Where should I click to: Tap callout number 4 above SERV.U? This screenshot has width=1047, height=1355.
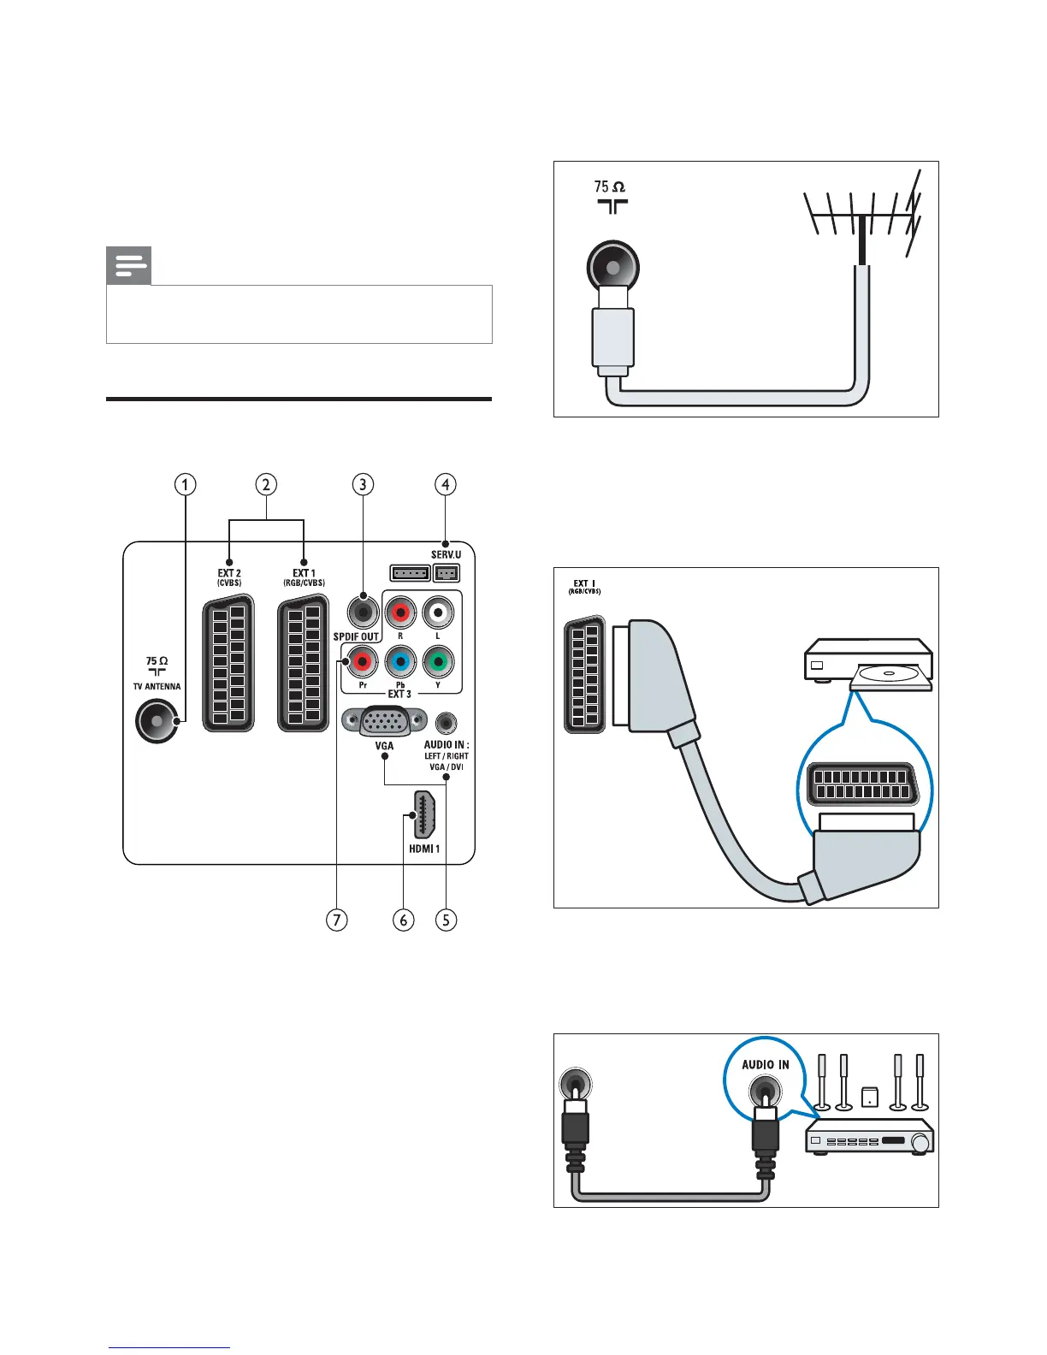[x=445, y=484]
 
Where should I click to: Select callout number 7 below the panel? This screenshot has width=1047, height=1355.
[x=337, y=920]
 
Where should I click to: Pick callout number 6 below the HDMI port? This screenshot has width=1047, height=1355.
[x=403, y=920]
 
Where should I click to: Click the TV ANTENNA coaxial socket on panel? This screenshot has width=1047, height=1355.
[x=157, y=721]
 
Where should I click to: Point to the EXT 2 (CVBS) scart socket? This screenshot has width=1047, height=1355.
[x=228, y=664]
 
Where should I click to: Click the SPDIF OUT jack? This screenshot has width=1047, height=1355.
[x=363, y=612]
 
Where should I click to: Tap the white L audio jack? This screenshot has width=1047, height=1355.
[x=438, y=612]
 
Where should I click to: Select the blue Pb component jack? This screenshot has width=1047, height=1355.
[x=400, y=661]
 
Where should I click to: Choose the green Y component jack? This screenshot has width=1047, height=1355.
[x=438, y=661]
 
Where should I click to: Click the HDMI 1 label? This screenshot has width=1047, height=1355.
[x=424, y=849]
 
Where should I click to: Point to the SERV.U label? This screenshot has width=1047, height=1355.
[x=446, y=555]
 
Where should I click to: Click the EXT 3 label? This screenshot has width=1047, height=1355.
[x=399, y=694]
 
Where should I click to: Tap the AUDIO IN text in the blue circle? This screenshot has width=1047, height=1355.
[x=766, y=1065]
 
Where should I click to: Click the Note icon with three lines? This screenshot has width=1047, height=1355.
[x=128, y=266]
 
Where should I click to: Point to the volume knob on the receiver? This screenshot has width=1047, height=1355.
[x=920, y=1143]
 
